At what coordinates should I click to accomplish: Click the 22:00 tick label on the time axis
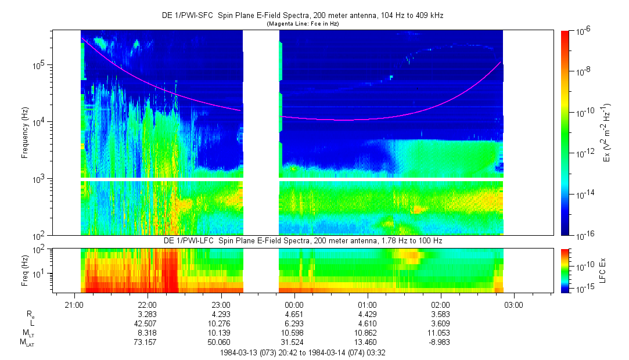click(x=147, y=304)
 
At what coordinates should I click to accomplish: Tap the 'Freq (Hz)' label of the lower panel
click(x=25, y=271)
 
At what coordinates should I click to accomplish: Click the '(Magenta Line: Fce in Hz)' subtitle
click(x=302, y=24)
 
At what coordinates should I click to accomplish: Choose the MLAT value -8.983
click(x=440, y=343)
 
